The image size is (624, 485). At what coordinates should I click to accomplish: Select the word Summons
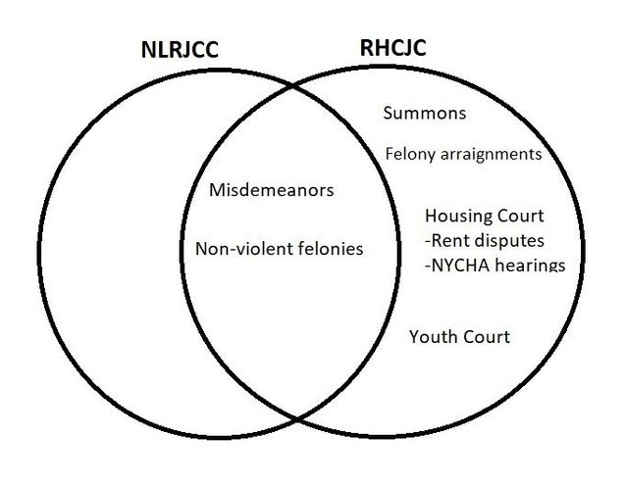click(424, 114)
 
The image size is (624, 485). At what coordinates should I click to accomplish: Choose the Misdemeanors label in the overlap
click(271, 189)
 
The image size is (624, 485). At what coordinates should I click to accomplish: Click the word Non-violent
click(238, 249)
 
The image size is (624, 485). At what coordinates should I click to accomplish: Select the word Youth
click(434, 337)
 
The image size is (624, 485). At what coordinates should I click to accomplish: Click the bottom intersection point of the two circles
click(297, 419)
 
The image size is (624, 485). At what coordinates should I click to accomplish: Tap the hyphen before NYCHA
click(428, 266)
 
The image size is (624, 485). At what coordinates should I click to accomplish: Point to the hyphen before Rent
click(428, 241)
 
